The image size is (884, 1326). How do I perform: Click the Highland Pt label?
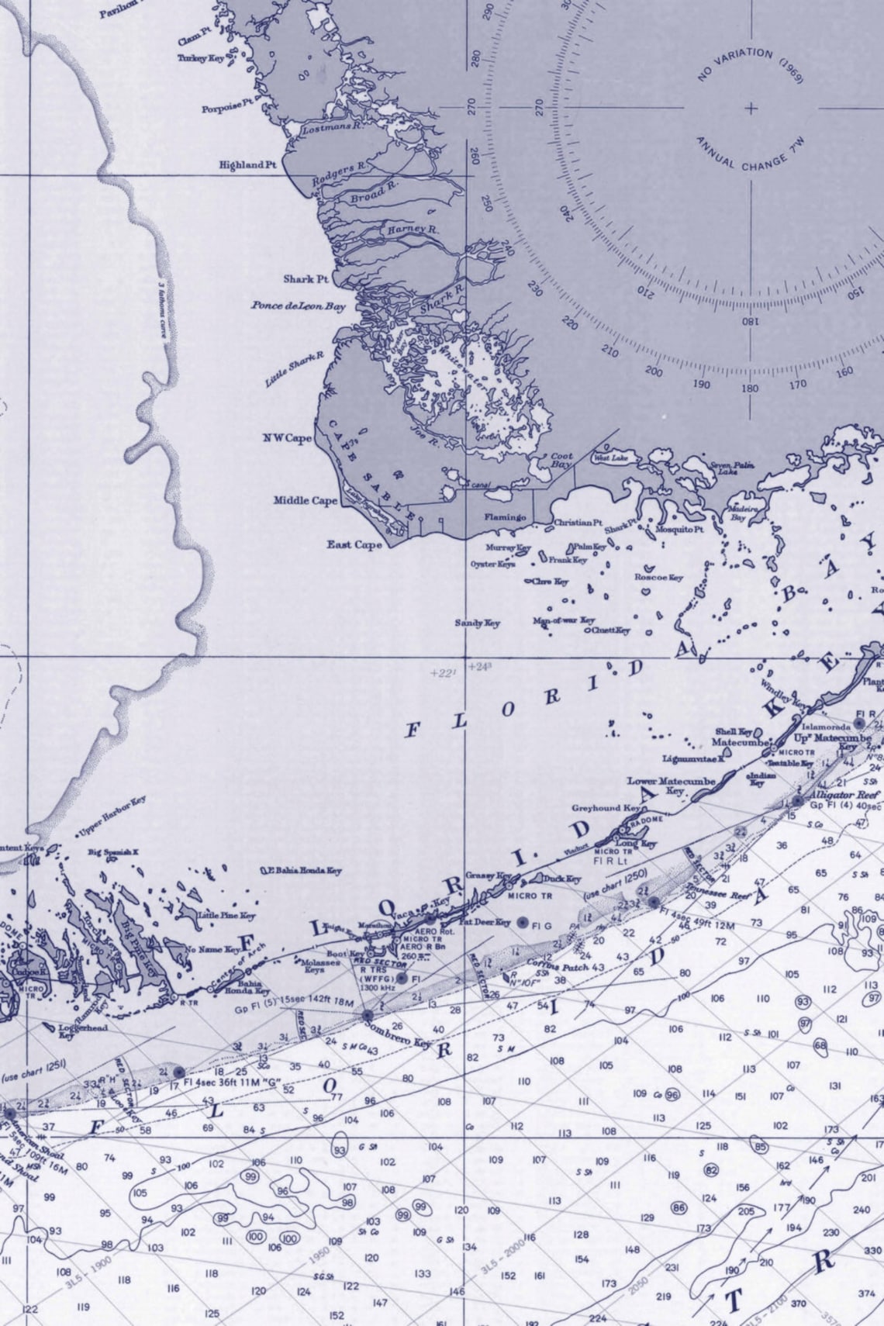tap(247, 165)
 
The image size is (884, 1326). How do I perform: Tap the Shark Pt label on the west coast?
tap(306, 279)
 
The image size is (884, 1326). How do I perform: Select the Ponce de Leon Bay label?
tap(298, 306)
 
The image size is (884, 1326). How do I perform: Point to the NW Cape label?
tap(287, 439)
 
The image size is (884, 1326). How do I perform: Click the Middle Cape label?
tap(306, 501)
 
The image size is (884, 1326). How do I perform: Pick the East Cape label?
tap(354, 545)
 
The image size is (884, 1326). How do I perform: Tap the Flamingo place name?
tap(506, 517)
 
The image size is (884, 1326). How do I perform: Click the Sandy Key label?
tap(477, 623)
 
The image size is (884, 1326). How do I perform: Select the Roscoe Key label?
tap(658, 578)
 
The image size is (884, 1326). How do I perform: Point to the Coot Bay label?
tap(561, 461)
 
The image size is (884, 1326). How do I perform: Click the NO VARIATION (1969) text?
tap(750, 64)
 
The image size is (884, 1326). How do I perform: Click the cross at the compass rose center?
tap(751, 108)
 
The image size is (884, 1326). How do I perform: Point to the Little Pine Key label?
tap(226, 916)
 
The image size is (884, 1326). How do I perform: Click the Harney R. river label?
tap(413, 230)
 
